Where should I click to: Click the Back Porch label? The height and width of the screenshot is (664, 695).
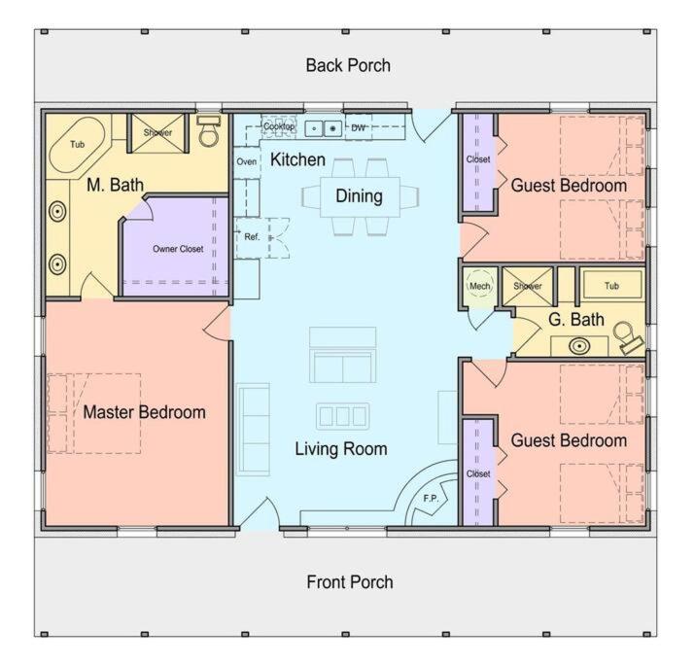click(348, 65)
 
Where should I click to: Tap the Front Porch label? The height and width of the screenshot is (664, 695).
click(350, 582)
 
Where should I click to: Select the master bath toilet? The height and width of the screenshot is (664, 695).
click(209, 131)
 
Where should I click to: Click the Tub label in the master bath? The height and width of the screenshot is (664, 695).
click(77, 144)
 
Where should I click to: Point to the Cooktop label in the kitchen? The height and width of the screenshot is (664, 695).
click(279, 126)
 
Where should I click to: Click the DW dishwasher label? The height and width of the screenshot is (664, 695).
click(358, 127)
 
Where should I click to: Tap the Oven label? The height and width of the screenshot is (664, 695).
click(247, 161)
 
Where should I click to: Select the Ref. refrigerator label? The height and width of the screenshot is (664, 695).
click(252, 236)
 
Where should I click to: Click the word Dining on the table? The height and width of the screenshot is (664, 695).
click(359, 196)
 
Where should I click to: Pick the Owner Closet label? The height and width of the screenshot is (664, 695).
click(178, 249)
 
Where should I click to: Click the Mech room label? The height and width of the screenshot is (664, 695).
click(479, 286)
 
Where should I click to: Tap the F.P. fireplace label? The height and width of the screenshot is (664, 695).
click(431, 498)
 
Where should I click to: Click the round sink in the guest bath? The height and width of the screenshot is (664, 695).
click(579, 346)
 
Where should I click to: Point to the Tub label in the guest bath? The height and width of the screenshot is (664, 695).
click(611, 286)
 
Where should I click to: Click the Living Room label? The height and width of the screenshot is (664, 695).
click(341, 448)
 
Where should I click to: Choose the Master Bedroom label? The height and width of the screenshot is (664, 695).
click(144, 412)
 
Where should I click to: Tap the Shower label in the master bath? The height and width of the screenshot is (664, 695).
click(157, 132)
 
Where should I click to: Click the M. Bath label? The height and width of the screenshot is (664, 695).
click(116, 185)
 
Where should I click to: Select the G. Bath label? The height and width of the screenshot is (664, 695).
click(576, 319)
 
